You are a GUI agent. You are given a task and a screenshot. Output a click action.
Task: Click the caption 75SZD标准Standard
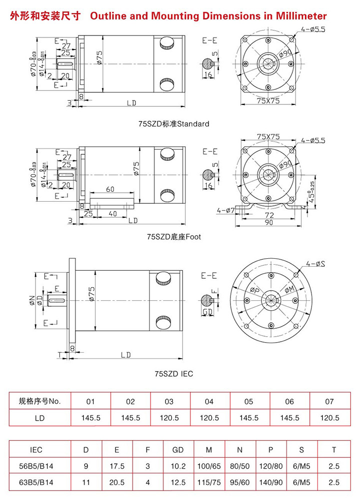coord(173,123)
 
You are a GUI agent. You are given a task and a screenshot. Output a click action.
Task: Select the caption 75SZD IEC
coord(173,374)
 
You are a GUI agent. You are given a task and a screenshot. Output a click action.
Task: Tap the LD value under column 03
coord(170,418)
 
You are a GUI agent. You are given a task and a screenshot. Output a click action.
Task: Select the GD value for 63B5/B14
coord(178,483)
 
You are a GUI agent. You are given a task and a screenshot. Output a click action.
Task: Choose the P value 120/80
coord(270,466)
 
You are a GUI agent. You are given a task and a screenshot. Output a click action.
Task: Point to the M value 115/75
coord(209,483)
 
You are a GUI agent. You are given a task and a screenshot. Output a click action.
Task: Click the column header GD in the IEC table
coord(178,450)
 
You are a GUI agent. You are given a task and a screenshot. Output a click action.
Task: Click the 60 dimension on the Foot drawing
coord(110,189)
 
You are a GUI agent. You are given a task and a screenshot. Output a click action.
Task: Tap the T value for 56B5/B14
coord(334,466)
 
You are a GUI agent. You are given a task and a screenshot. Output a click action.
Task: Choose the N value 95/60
coord(240,483)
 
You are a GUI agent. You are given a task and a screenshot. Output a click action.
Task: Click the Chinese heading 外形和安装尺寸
coord(45,16)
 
